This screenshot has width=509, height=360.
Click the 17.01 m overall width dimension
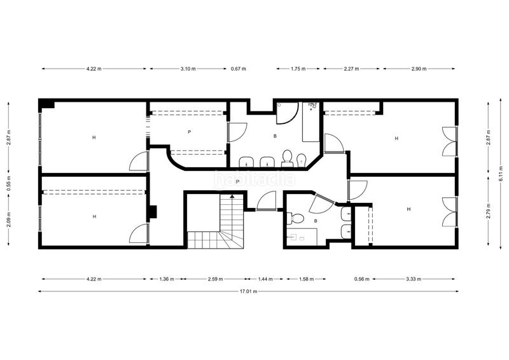[248, 291]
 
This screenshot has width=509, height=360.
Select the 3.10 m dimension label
[188, 69]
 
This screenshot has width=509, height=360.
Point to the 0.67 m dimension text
[238, 69]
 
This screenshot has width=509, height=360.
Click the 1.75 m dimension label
[298, 69]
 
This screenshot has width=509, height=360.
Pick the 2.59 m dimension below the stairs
[216, 279]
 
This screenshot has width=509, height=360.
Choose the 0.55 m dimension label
[9, 183]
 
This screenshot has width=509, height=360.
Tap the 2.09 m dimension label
[9, 219]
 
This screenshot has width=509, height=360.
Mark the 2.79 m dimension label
[489, 211]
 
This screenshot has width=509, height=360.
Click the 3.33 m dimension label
[414, 279]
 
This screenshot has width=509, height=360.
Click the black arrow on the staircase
[232, 197]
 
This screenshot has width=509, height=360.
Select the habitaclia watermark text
[254, 179]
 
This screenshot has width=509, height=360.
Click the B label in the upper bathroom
[275, 136]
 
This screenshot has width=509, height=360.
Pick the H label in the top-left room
[94, 137]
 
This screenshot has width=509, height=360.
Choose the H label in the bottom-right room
[408, 209]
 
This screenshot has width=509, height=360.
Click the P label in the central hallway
[237, 182]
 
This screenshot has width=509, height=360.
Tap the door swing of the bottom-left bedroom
[138, 233]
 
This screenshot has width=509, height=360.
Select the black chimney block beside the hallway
[153, 212]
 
